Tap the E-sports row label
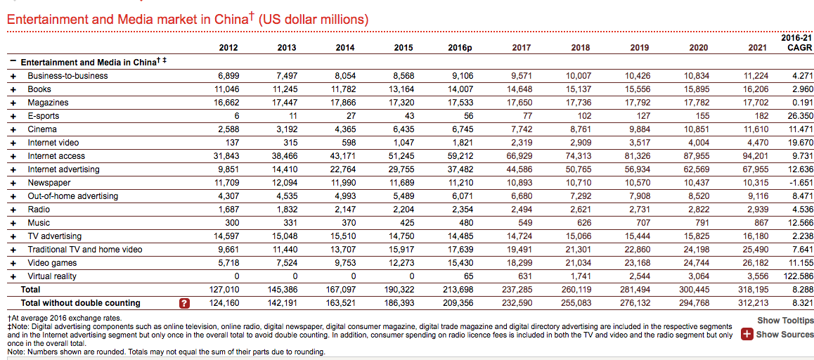43,116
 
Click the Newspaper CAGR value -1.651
800,183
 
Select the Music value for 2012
231,223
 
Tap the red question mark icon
185,303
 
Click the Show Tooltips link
785,321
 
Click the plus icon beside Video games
13,263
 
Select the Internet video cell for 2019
639,143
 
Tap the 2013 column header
287,48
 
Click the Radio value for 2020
698,210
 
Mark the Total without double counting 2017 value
518,303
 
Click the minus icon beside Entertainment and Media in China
13,61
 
